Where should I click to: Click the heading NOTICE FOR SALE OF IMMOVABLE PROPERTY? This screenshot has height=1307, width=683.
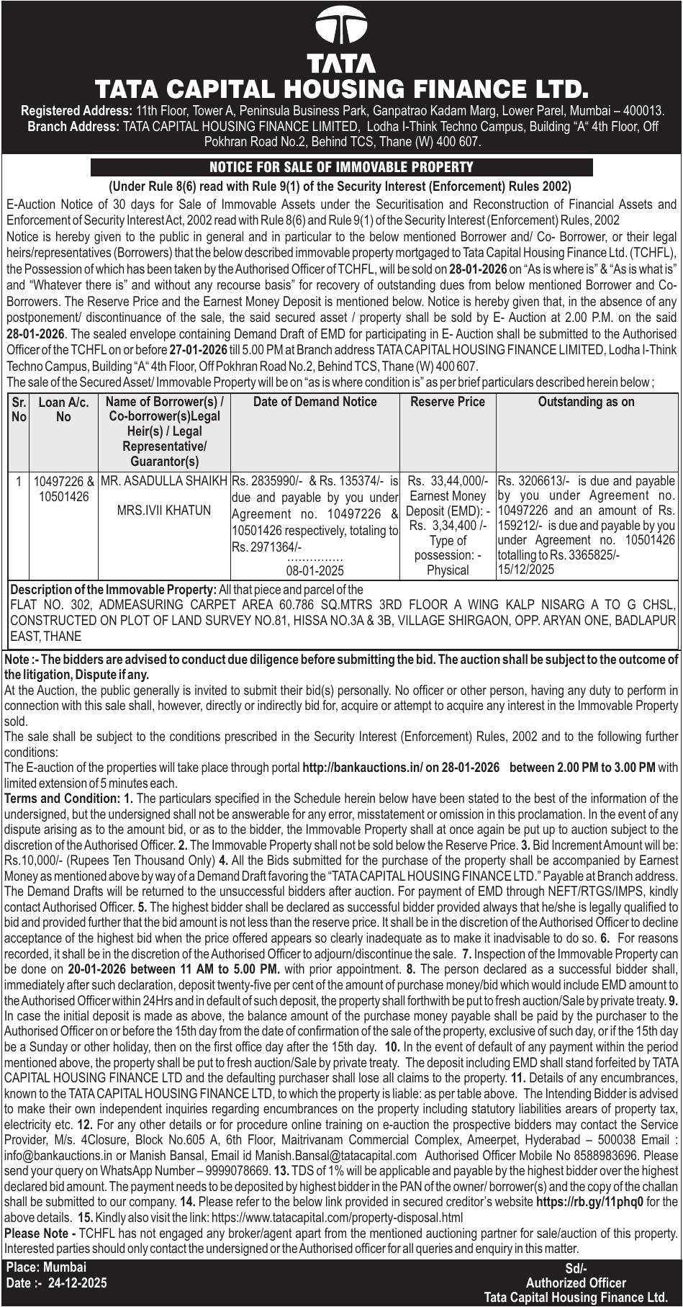(x=341, y=168)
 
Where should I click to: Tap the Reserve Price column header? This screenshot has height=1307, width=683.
(x=448, y=402)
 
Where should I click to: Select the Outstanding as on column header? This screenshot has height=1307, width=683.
(x=587, y=402)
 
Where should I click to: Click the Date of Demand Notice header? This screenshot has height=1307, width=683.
(x=315, y=402)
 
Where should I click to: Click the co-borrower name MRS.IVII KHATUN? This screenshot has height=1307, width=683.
(x=164, y=511)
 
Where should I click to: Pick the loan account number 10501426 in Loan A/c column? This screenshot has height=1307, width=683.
(x=64, y=496)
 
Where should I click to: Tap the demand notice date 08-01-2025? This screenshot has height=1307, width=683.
(x=315, y=571)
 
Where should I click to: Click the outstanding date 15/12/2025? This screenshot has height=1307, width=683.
(x=526, y=570)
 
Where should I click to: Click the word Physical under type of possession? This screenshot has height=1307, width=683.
(x=448, y=570)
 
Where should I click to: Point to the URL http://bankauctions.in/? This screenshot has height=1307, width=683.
(x=362, y=768)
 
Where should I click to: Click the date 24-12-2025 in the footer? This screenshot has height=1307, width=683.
(x=78, y=1283)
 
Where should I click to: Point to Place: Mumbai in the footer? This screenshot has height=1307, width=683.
(x=47, y=1267)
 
